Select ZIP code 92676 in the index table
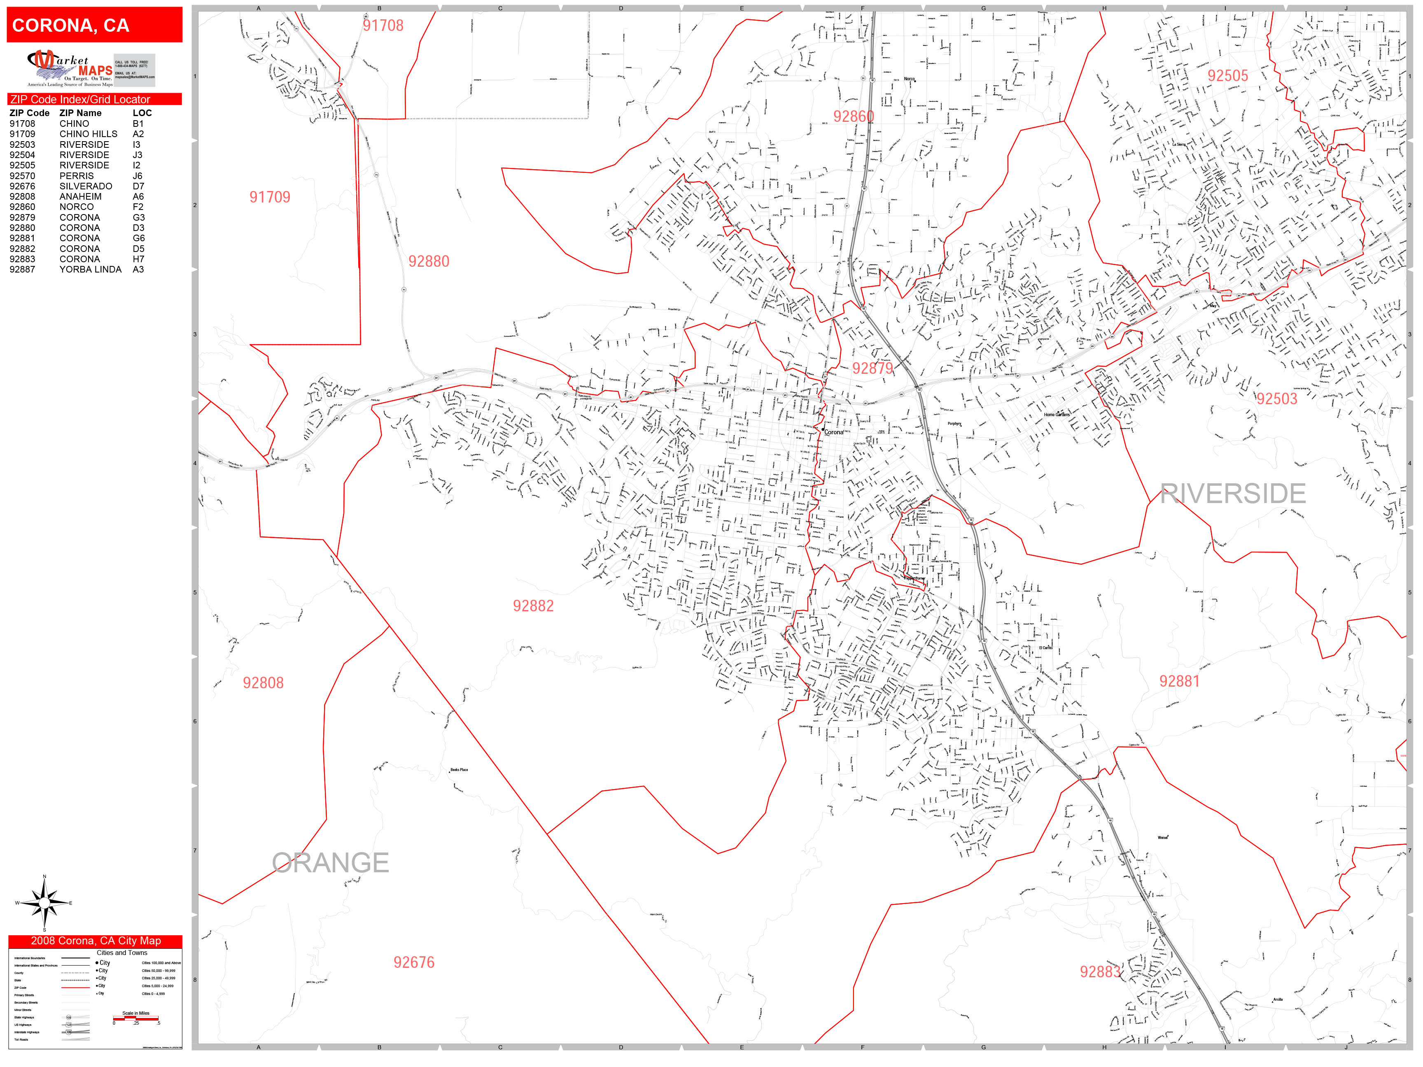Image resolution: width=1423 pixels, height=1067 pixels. (x=23, y=186)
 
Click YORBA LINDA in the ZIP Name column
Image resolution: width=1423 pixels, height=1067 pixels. (x=90, y=270)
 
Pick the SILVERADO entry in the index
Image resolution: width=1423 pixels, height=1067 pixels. (x=86, y=186)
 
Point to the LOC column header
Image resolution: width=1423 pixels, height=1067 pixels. (x=142, y=112)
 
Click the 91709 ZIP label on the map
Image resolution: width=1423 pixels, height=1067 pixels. (x=270, y=198)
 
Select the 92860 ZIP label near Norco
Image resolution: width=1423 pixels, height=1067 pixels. (x=853, y=116)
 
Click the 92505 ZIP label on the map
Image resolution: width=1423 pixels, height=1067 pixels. (x=1227, y=76)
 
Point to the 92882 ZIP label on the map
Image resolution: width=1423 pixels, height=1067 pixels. (x=533, y=606)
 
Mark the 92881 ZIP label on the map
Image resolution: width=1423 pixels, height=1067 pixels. (x=1179, y=681)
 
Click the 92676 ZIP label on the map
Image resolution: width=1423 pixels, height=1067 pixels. (x=414, y=962)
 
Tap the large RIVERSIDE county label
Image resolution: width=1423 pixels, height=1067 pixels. (x=1233, y=494)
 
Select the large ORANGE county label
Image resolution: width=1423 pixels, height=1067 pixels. (x=330, y=862)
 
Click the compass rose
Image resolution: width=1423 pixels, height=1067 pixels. (x=44, y=903)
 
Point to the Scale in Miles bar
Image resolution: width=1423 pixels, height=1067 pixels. (x=136, y=1018)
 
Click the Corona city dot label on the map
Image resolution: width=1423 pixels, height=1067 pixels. (x=833, y=432)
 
